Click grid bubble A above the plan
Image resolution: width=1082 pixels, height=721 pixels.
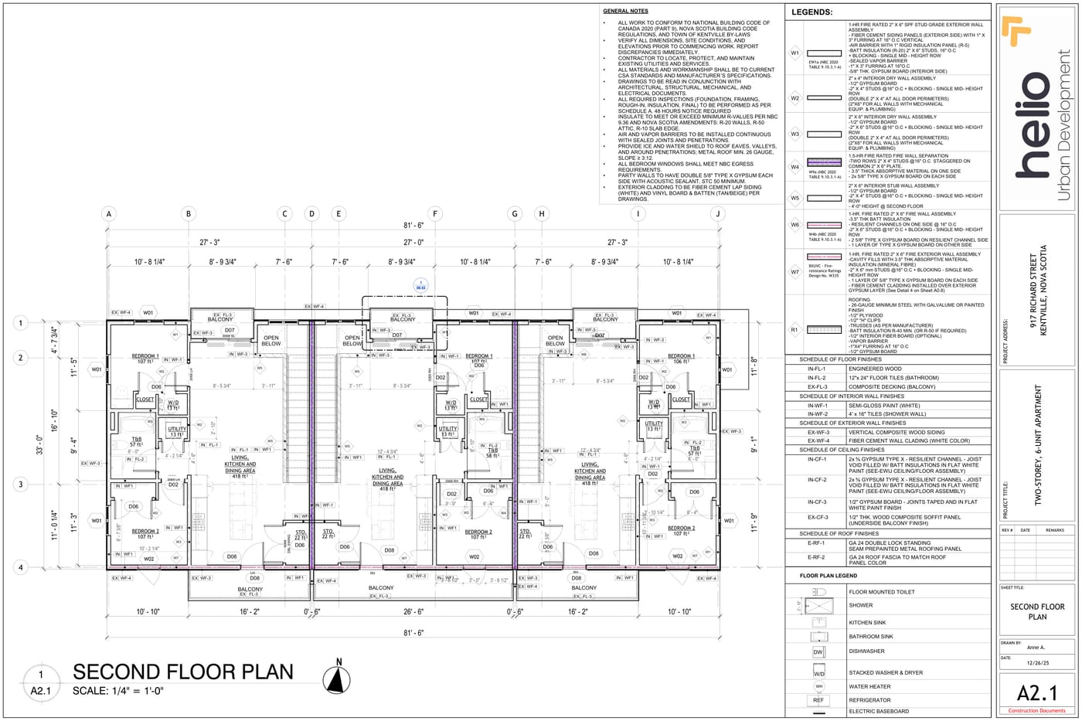109,214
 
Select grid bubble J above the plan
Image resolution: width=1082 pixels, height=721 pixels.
718,214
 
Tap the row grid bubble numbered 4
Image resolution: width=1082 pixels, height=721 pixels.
22,568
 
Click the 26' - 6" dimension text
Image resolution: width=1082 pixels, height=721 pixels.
413,612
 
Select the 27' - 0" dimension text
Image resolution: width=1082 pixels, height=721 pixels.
413,242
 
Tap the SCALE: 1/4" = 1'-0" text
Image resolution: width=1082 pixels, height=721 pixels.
118,691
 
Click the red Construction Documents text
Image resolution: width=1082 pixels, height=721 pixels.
1036,710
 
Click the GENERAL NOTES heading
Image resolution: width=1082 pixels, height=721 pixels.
625,12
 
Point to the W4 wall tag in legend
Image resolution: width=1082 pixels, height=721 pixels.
794,167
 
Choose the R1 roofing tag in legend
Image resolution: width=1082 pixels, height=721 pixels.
794,329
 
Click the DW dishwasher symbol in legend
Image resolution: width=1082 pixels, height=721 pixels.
818,651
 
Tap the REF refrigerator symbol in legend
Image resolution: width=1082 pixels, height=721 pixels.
818,700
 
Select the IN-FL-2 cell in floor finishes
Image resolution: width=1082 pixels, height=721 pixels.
816,378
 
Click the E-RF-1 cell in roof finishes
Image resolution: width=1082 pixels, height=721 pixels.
816,543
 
